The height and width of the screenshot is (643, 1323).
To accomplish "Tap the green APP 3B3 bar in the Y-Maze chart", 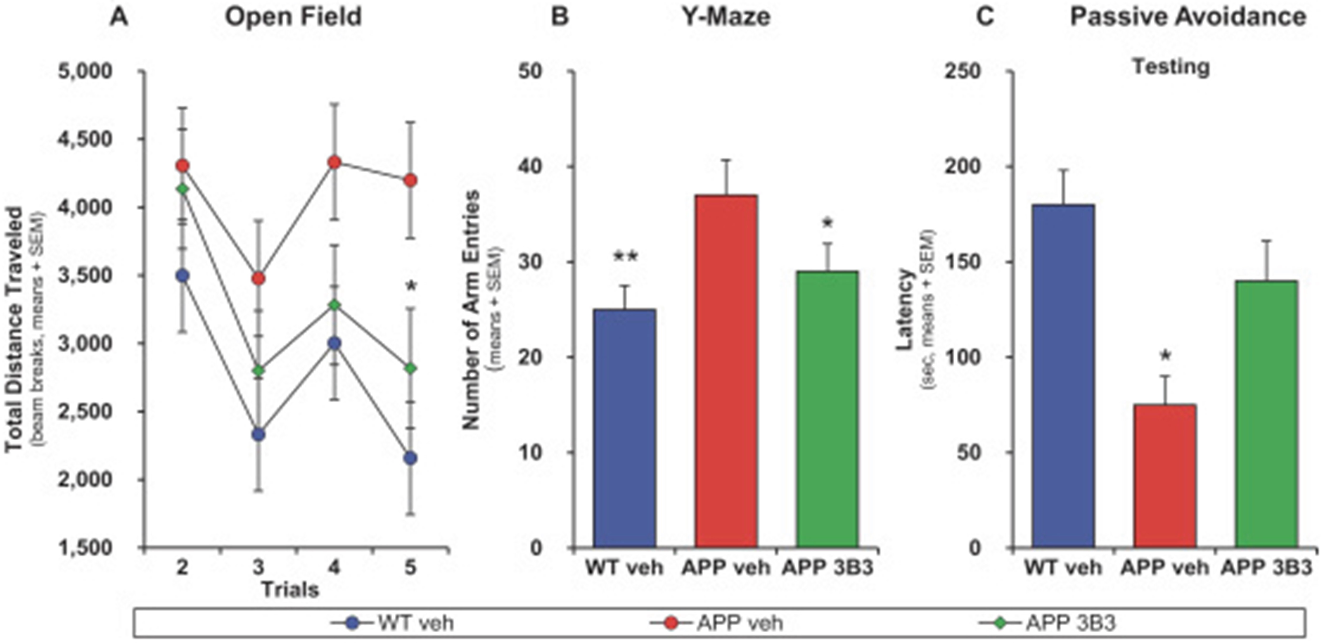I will pyautogui.click(x=827, y=409).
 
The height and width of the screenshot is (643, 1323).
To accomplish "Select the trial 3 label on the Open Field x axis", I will pyautogui.click(x=258, y=567).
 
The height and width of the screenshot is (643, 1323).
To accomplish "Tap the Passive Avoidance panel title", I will pyautogui.click(x=1188, y=17).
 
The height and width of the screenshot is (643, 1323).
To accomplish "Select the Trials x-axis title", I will pyautogui.click(x=290, y=589).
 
